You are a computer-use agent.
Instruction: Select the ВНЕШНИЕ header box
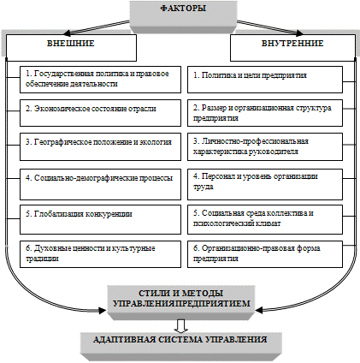71,48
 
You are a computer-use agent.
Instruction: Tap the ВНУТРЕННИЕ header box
292,48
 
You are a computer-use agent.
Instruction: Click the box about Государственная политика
100,80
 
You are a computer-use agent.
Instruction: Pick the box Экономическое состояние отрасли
100,113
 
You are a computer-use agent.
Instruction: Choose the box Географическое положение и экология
100,146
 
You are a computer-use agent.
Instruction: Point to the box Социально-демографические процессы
100,184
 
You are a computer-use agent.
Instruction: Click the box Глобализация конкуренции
100,219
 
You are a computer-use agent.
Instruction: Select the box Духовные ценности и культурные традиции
100,254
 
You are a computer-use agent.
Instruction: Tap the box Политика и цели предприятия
265,80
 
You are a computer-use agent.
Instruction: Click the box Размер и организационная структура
265,113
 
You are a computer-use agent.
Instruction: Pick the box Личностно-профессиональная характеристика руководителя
265,146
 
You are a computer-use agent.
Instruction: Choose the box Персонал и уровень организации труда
265,184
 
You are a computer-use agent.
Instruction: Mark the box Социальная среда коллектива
265,219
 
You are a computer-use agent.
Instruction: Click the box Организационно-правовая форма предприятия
265,254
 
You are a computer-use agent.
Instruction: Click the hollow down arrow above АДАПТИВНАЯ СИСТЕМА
181,326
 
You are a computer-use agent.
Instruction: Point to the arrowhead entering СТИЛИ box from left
103,310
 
